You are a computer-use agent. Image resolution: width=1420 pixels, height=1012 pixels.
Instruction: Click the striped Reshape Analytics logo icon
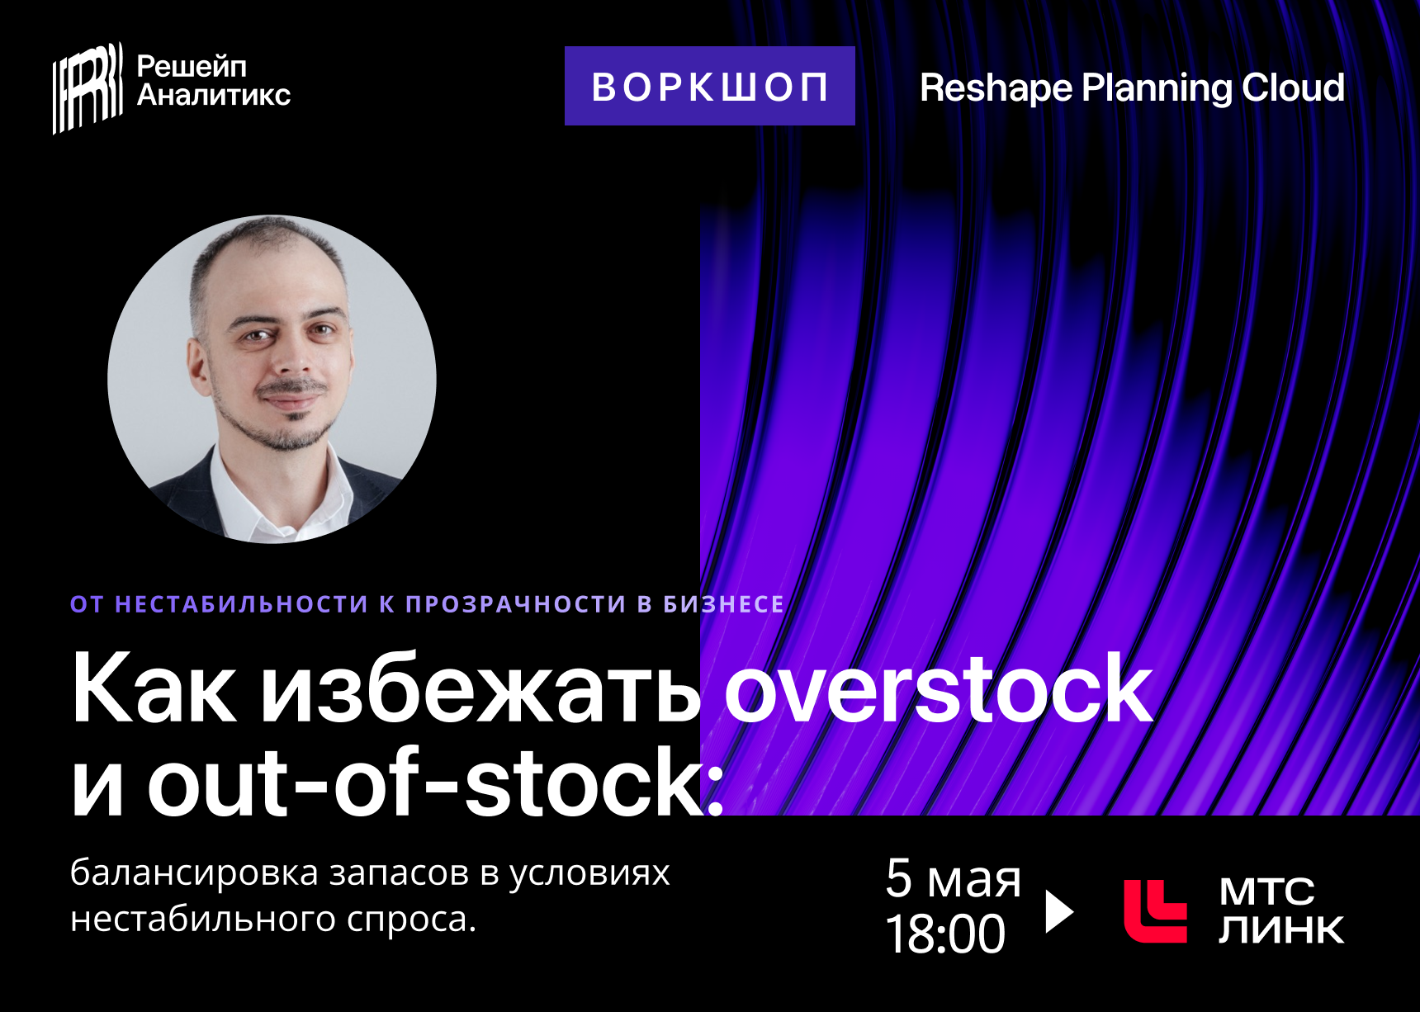click(88, 87)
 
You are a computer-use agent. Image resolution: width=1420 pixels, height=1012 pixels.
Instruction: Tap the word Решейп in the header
click(192, 67)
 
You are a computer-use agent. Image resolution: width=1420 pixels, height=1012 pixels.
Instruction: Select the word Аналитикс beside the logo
click(214, 95)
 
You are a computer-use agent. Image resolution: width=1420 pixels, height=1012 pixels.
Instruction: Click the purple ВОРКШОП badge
click(709, 86)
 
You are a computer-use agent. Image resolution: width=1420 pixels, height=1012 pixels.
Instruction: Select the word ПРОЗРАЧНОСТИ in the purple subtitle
click(516, 604)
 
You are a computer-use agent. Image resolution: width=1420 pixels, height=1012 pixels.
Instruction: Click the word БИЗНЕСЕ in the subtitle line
click(724, 604)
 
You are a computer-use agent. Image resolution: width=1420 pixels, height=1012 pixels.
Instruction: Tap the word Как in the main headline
click(154, 689)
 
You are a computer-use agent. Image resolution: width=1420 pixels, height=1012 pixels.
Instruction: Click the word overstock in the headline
click(938, 689)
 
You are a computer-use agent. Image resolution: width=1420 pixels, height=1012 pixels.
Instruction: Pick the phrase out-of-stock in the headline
click(424, 782)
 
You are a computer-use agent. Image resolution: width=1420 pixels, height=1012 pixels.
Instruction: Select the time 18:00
click(945, 934)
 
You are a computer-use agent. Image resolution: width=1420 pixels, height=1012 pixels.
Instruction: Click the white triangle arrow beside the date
click(1059, 911)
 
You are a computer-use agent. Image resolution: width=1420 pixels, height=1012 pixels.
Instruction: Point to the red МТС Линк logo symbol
click(1155, 911)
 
